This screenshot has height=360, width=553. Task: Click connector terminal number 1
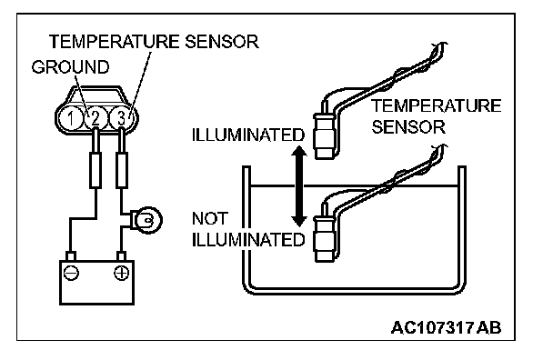pyautogui.click(x=71, y=118)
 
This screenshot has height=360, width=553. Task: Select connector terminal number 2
pyautogui.click(x=96, y=118)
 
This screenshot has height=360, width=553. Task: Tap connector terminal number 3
pyautogui.click(x=121, y=118)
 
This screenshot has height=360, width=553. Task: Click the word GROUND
pyautogui.click(x=71, y=67)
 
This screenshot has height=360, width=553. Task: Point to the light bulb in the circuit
pyautogui.click(x=146, y=220)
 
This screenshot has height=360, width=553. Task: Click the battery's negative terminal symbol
pyautogui.click(x=71, y=273)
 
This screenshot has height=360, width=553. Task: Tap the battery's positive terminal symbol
pyautogui.click(x=121, y=273)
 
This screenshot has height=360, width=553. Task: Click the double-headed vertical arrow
pyautogui.click(x=299, y=185)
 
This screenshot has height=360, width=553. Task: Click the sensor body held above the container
pyautogui.click(x=324, y=135)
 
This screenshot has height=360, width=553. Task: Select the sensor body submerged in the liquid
pyautogui.click(x=324, y=239)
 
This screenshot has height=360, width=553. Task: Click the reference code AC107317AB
pyautogui.click(x=447, y=328)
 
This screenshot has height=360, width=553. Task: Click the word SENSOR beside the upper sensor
pyautogui.click(x=408, y=127)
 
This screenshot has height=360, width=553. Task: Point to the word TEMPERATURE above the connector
pyautogui.click(x=115, y=42)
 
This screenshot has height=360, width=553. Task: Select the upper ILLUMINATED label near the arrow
pyautogui.click(x=248, y=135)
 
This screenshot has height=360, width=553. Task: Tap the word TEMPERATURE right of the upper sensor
pyautogui.click(x=437, y=105)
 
